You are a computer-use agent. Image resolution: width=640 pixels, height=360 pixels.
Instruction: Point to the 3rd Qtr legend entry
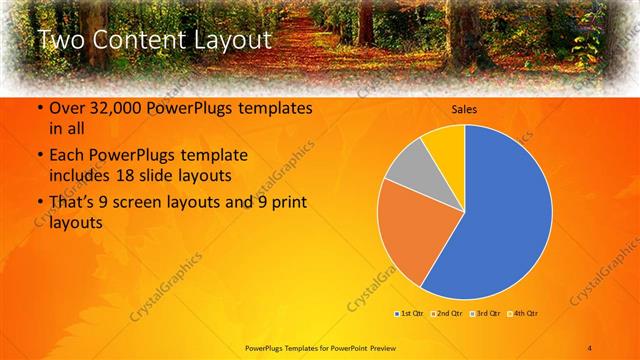pos(486,314)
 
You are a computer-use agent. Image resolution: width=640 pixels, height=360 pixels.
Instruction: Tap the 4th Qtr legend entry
pos(524,314)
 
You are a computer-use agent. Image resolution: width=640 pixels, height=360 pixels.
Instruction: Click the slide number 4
pos(589,346)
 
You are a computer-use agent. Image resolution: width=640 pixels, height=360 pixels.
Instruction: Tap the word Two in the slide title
pos(62,41)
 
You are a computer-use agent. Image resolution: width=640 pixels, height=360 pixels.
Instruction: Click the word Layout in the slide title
pos(233,41)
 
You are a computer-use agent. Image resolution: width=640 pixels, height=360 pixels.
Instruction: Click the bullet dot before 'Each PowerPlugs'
pos(39,156)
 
